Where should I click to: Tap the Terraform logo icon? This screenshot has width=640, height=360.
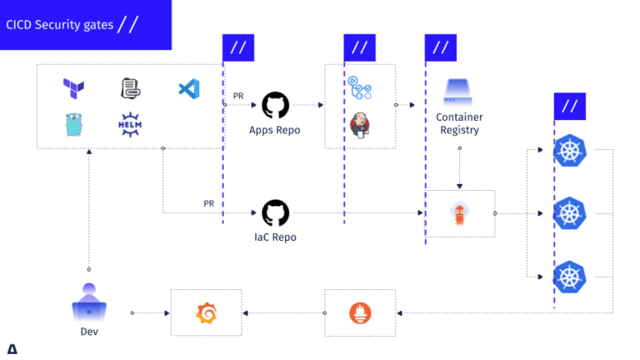click(74, 87)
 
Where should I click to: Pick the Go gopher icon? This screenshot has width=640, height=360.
click(74, 125)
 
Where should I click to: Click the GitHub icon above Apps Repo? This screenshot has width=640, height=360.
click(274, 105)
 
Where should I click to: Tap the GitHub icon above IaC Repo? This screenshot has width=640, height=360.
click(274, 212)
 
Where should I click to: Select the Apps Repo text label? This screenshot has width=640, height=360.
click(274, 130)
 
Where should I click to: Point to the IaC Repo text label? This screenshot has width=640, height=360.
click(274, 237)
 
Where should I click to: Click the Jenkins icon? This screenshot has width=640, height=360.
click(361, 126)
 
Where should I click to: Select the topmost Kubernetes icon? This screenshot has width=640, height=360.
click(570, 151)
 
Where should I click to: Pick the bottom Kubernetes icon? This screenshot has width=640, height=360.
click(570, 276)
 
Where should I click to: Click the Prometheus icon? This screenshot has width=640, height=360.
click(361, 313)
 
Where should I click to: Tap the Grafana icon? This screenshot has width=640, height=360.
click(206, 313)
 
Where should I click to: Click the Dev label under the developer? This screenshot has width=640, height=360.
click(89, 331)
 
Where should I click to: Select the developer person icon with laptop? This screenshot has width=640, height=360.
click(89, 301)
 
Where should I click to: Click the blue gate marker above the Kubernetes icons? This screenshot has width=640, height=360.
click(570, 107)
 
